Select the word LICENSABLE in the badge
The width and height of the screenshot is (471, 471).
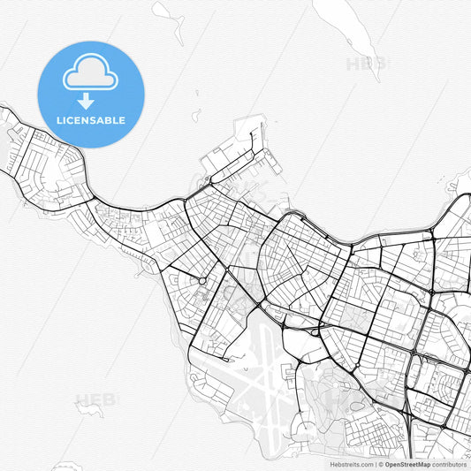point(91,120)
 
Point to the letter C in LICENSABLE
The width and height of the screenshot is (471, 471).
point(73,120)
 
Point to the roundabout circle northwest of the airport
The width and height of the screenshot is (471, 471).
point(202,281)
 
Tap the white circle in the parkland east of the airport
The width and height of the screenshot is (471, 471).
point(315,333)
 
